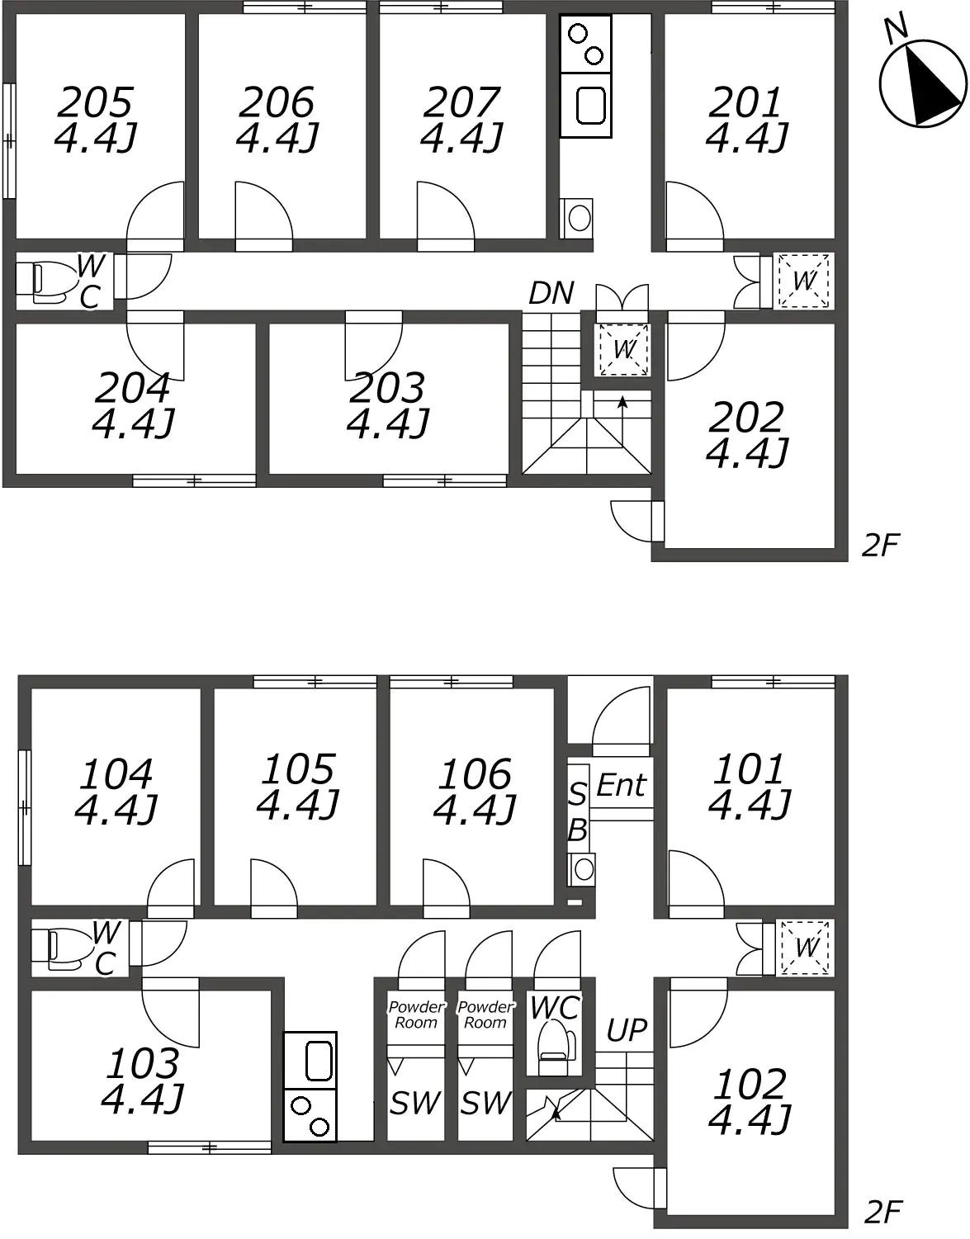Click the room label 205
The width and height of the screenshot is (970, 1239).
point(95,102)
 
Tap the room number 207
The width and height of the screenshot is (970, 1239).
point(461,102)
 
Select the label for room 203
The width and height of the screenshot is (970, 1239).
point(387,388)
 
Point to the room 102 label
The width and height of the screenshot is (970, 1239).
point(750,1084)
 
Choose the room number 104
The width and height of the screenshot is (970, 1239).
point(116,773)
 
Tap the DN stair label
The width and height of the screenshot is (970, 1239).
point(551,293)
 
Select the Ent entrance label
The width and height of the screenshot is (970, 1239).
point(621,785)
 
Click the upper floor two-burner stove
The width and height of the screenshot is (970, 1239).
point(585,44)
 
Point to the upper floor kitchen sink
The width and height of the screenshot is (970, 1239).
point(585,105)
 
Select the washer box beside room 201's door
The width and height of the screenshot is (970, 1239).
point(803,281)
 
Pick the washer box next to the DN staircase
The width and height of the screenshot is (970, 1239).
point(623,349)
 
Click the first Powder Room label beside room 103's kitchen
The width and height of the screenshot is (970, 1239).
point(416,1014)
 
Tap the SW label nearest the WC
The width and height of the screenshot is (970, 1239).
point(485,1103)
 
